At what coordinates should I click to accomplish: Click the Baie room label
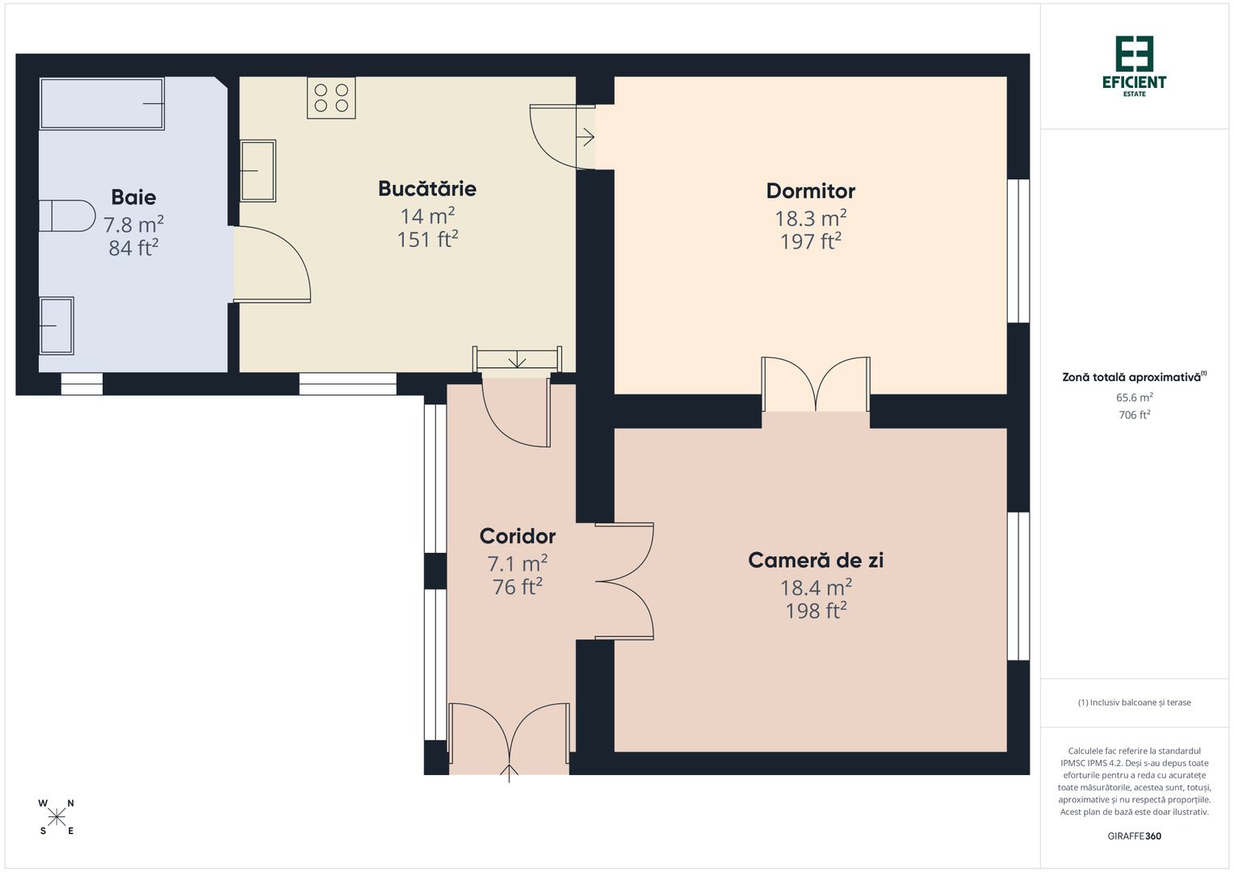(x=133, y=197)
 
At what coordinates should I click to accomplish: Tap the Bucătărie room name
(x=427, y=189)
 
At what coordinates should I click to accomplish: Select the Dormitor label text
(x=810, y=191)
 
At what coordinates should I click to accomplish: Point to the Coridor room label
(x=517, y=536)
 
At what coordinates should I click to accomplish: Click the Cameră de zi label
(x=816, y=560)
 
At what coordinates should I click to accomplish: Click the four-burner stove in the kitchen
(x=331, y=98)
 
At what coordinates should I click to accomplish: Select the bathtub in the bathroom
(x=102, y=103)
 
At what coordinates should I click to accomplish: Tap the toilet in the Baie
(x=66, y=216)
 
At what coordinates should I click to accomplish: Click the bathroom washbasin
(x=57, y=325)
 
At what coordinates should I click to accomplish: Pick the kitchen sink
(x=258, y=170)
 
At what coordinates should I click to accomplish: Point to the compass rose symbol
(x=57, y=817)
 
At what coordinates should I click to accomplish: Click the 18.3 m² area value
(x=810, y=218)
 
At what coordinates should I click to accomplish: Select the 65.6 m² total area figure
(x=1134, y=397)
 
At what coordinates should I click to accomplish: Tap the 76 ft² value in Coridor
(x=517, y=587)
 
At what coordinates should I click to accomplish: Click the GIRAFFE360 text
(x=1134, y=836)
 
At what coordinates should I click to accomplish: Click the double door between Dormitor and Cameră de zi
(x=816, y=385)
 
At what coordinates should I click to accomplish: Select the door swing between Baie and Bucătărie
(x=273, y=264)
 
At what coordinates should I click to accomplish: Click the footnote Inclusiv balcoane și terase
(x=1134, y=702)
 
